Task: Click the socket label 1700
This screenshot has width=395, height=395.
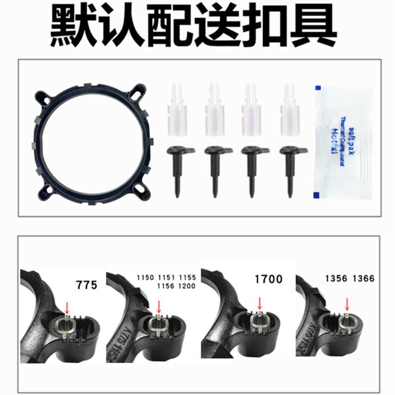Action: pos(269,279)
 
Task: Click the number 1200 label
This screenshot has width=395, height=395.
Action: pos(188,286)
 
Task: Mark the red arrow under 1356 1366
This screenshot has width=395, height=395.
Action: pos(348,305)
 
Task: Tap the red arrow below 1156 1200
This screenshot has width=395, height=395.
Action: pos(158,306)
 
